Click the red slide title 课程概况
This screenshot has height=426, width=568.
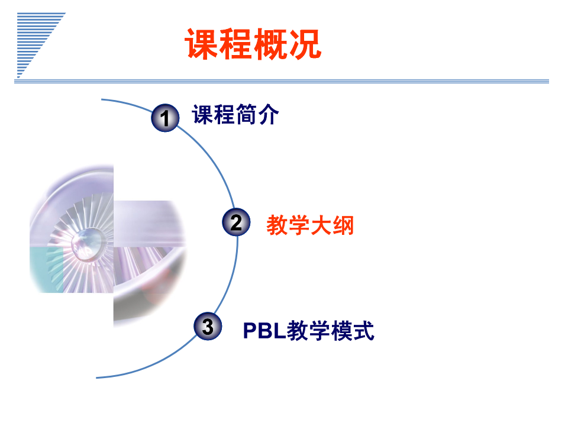253,44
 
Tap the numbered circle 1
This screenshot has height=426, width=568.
165,118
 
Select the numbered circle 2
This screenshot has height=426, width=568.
236,222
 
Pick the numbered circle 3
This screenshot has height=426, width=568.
208,326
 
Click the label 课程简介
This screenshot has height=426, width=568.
235,114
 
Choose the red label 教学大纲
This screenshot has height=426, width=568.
310,225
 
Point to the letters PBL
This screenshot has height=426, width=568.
264,330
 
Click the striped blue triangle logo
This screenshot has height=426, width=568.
41,45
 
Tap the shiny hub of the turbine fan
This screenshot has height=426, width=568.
86,243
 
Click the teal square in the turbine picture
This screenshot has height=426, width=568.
46,270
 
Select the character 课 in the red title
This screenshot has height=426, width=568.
201,44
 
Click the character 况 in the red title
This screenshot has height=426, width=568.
305,44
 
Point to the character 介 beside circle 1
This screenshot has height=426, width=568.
269,114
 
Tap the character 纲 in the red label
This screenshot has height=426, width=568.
343,225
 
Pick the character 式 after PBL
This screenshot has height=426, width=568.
363,330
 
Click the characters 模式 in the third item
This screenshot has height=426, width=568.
353,330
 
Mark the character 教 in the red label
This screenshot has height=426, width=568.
277,225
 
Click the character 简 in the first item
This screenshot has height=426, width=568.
246,114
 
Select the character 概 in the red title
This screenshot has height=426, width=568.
270,44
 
